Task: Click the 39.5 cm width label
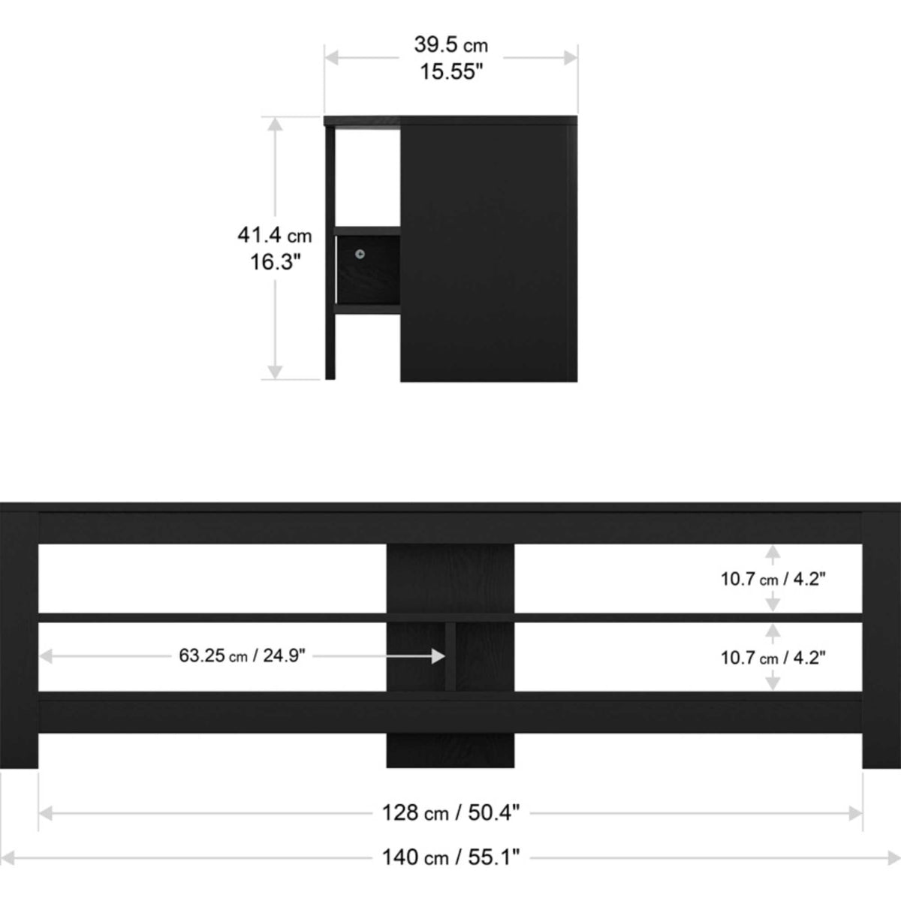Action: (x=450, y=45)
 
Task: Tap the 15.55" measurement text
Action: (x=451, y=72)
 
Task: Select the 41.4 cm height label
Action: (x=275, y=235)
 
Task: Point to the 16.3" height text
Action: (x=275, y=262)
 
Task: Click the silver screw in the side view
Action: (x=360, y=254)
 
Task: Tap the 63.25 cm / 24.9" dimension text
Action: (x=242, y=655)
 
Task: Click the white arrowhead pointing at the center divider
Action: (x=438, y=656)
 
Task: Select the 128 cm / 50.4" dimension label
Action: (x=450, y=813)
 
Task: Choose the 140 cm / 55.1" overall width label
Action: (x=450, y=857)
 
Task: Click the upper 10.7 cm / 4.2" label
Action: (x=773, y=580)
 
